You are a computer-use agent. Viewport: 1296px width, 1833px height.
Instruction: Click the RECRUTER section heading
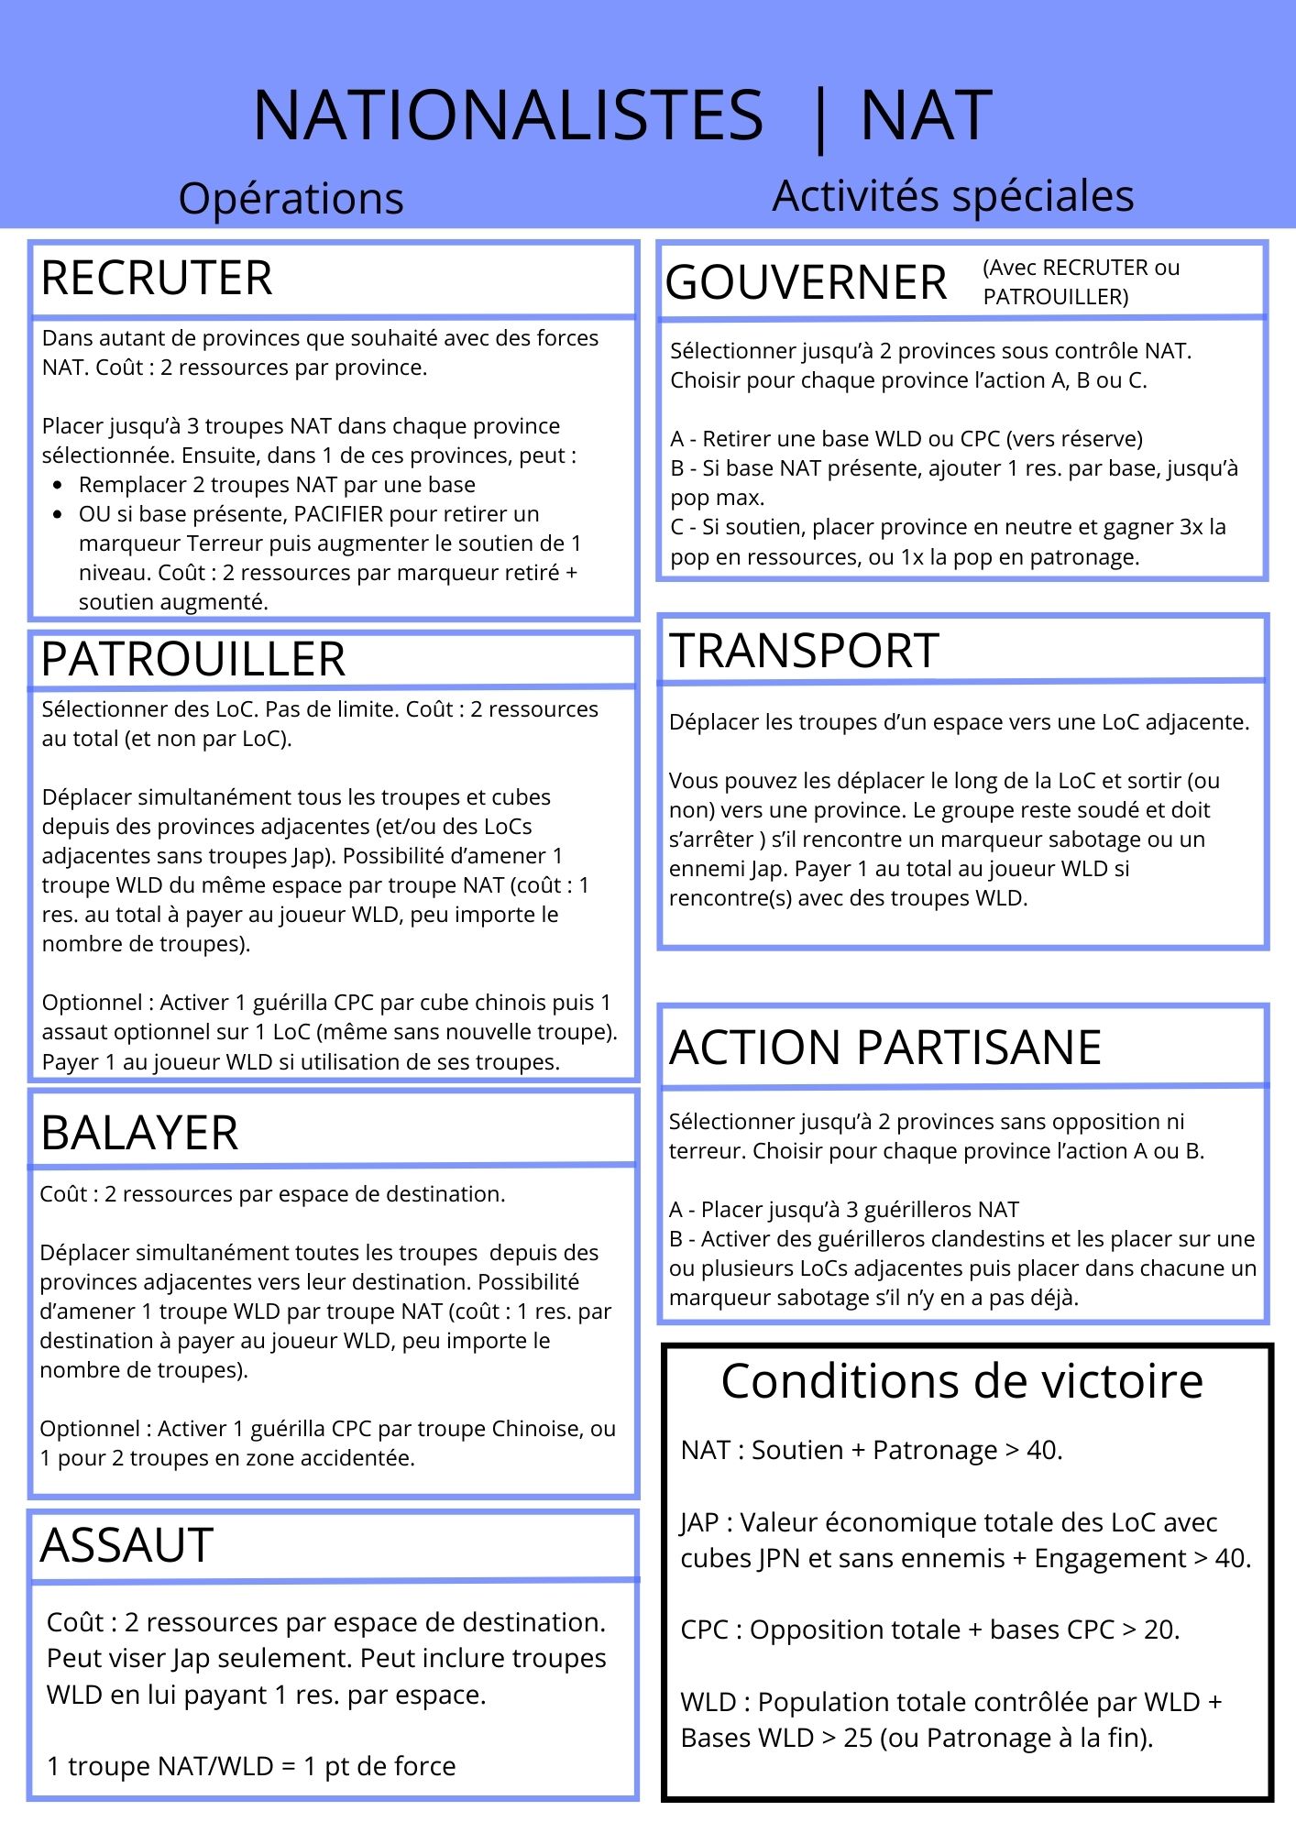pyautogui.click(x=157, y=279)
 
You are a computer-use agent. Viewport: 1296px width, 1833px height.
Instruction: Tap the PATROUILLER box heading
pyautogui.click(x=193, y=659)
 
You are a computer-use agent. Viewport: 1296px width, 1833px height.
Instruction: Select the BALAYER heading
pyautogui.click(x=139, y=1133)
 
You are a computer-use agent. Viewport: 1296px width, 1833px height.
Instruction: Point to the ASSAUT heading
pyautogui.click(x=126, y=1545)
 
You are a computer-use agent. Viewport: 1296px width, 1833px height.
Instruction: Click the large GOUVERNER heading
pyautogui.click(x=806, y=282)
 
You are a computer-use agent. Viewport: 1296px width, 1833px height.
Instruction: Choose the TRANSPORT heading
pyautogui.click(x=805, y=651)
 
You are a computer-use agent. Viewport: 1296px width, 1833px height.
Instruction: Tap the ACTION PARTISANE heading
pyautogui.click(x=885, y=1048)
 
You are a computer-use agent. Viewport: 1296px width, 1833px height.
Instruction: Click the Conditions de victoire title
pyautogui.click(x=961, y=1381)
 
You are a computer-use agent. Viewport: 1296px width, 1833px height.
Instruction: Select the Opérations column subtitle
pyautogui.click(x=291, y=199)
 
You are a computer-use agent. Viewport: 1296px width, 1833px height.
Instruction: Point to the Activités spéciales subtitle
pyautogui.click(x=953, y=196)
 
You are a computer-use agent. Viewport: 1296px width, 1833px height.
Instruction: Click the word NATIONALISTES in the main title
pyautogui.click(x=508, y=115)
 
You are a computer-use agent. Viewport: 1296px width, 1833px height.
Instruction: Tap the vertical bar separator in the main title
pyautogui.click(x=819, y=119)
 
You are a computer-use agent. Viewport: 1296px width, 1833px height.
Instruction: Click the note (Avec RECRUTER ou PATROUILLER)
pyautogui.click(x=1081, y=282)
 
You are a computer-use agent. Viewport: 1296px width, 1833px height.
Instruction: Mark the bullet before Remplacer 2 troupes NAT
pyautogui.click(x=59, y=485)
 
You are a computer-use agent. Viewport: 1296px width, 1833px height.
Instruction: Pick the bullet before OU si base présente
pyautogui.click(x=59, y=514)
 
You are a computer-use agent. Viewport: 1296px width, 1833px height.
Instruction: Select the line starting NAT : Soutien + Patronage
pyautogui.click(x=871, y=1451)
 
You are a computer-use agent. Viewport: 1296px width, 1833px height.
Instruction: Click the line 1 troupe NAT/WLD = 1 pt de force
pyautogui.click(x=251, y=1766)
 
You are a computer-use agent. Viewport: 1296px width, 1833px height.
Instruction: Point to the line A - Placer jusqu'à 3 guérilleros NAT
pyautogui.click(x=843, y=1210)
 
